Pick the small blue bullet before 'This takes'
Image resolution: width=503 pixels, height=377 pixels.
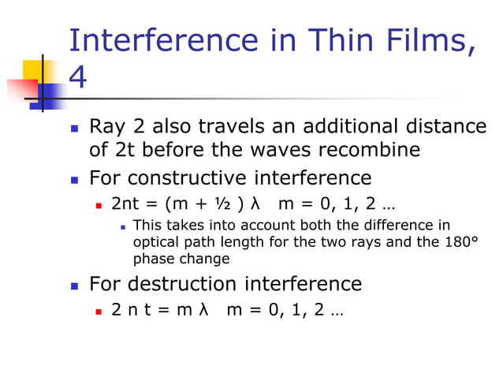pyautogui.click(x=123, y=226)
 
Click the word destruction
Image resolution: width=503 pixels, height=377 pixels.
pyautogui.click(x=184, y=283)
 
